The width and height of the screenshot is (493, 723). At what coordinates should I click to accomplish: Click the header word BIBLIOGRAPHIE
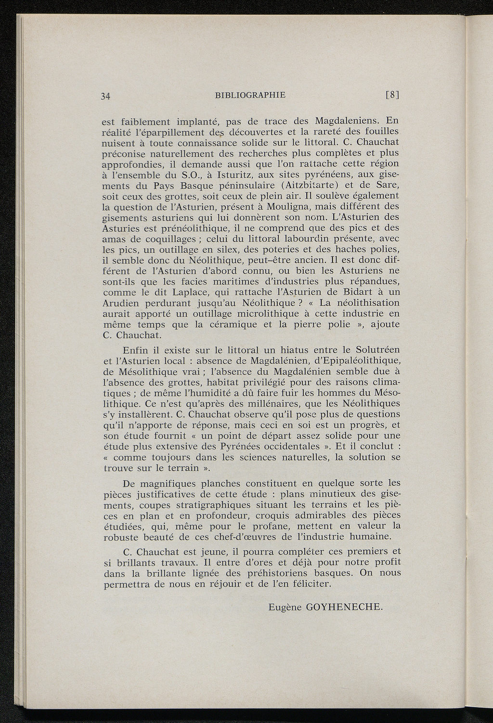(x=250, y=95)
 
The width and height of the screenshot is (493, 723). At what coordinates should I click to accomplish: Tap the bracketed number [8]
(x=393, y=95)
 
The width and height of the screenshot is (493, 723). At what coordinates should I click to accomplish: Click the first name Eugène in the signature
(x=285, y=607)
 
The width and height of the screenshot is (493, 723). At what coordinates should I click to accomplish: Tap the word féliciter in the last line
(x=311, y=584)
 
